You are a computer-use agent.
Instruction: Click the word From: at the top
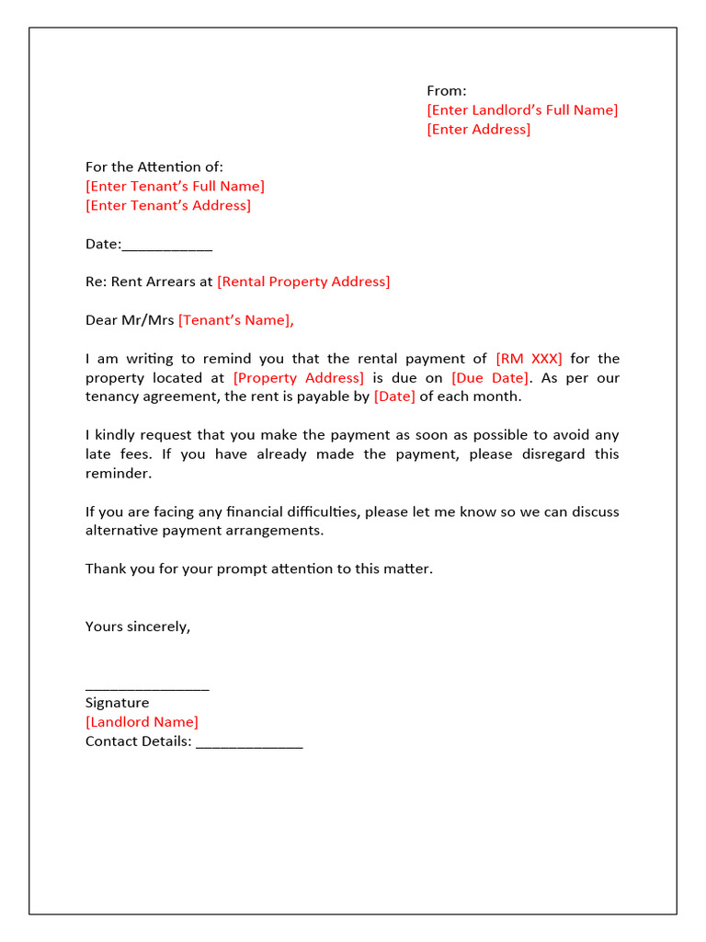click(x=446, y=90)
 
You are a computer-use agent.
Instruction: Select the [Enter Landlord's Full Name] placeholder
click(x=522, y=109)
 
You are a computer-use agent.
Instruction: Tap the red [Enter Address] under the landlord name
click(x=478, y=129)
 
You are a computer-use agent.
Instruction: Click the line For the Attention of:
click(x=154, y=167)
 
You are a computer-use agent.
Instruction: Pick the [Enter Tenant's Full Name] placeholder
click(x=175, y=186)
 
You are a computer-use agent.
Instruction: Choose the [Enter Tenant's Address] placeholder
click(x=167, y=205)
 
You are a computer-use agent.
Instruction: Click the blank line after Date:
click(x=167, y=246)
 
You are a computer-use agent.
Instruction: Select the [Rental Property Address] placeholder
click(x=303, y=281)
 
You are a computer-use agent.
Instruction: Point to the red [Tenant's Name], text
click(x=236, y=320)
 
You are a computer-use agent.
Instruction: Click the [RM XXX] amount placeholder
click(x=529, y=359)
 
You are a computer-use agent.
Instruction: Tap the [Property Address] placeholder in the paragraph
click(x=299, y=378)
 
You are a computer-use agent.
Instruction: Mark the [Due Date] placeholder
click(x=490, y=378)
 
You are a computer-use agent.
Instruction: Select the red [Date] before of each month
click(x=394, y=396)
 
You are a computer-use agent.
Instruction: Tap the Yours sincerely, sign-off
click(x=138, y=626)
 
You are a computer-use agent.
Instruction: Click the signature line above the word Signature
click(x=147, y=688)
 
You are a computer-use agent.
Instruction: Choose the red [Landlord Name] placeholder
click(x=142, y=722)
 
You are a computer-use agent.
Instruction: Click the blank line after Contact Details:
click(x=249, y=743)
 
